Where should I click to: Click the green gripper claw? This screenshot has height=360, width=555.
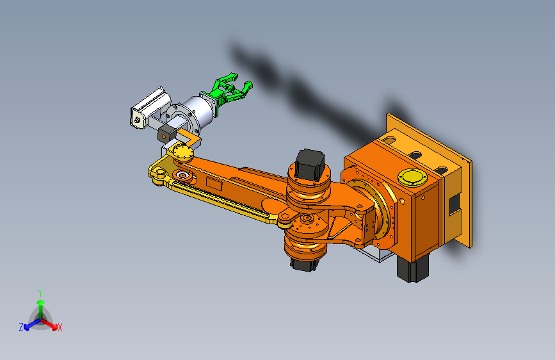[230, 90]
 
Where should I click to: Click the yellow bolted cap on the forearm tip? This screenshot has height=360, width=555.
[184, 153]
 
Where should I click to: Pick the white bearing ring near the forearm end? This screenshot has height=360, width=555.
[182, 175]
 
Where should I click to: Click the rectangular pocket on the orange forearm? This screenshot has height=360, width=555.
[214, 184]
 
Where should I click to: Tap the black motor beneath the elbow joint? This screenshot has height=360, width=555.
[305, 264]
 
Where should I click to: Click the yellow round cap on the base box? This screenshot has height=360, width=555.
[412, 177]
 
